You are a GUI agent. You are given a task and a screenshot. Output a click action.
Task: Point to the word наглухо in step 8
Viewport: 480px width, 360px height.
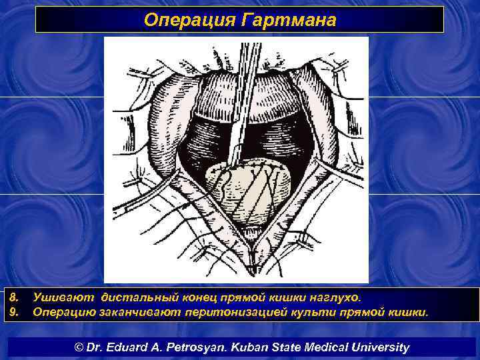point(336,297)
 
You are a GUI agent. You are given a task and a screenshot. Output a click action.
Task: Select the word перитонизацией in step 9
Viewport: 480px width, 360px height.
point(230,311)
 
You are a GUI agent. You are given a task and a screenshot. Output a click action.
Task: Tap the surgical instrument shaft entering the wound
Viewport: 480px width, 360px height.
point(243,100)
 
